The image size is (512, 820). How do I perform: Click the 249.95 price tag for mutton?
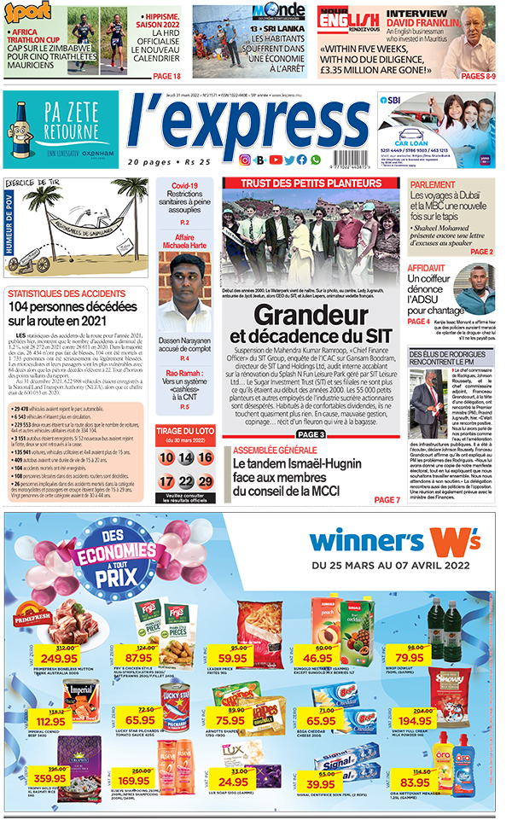[x=60, y=658]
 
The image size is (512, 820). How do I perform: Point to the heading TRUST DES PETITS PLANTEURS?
[x=311, y=183]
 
